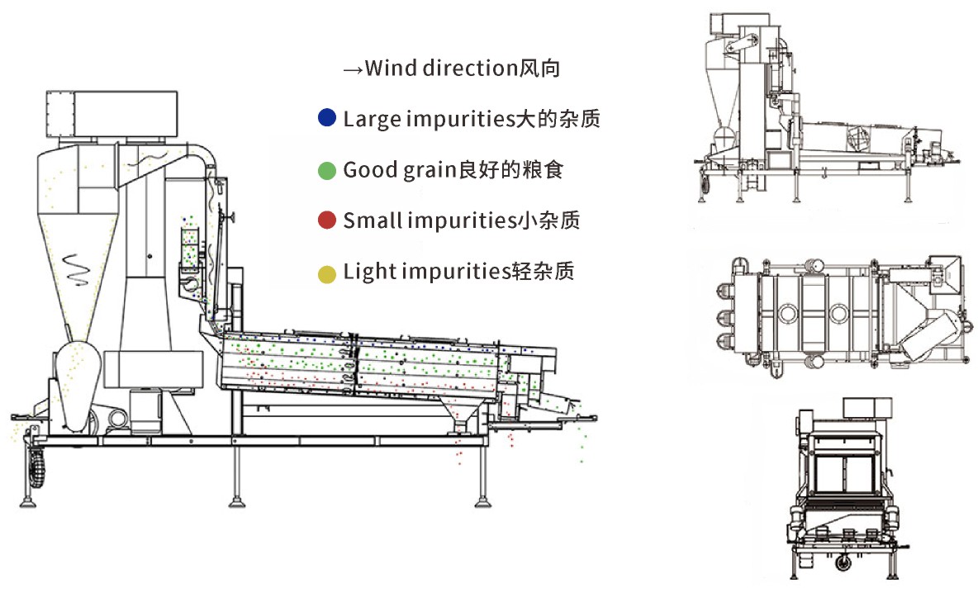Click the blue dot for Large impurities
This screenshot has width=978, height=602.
pyautogui.click(x=327, y=118)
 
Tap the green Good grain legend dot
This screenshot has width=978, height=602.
pyautogui.click(x=327, y=170)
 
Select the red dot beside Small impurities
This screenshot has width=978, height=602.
pyautogui.click(x=327, y=220)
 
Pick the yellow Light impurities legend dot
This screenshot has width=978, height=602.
pyautogui.click(x=327, y=272)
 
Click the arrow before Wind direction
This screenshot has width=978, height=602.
pyautogui.click(x=353, y=69)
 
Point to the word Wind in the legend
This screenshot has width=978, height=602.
pyautogui.click(x=390, y=68)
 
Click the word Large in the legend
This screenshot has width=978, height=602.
pyautogui.click(x=369, y=119)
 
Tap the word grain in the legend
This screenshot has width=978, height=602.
pyautogui.click(x=430, y=171)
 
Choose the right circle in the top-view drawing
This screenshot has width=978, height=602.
pyautogui.click(x=839, y=313)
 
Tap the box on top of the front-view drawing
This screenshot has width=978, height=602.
pyautogui.click(x=866, y=406)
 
